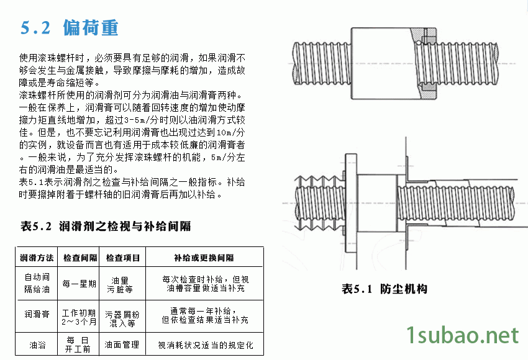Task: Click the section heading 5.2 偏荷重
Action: click(x=70, y=27)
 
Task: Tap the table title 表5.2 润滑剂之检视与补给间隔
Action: click(x=106, y=226)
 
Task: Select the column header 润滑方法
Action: click(x=37, y=258)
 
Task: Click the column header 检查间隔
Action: click(x=80, y=258)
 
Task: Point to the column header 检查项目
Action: click(x=123, y=258)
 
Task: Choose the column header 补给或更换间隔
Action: click(x=204, y=258)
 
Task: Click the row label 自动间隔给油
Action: click(x=37, y=283)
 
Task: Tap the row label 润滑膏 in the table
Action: click(x=37, y=314)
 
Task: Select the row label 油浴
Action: click(x=37, y=345)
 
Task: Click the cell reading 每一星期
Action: click(x=80, y=284)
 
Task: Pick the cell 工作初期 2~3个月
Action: click(x=79, y=317)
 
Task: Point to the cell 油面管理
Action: click(x=122, y=344)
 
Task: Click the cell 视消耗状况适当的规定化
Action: click(x=206, y=345)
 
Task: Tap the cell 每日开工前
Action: click(x=78, y=344)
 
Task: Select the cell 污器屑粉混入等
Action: click(x=122, y=319)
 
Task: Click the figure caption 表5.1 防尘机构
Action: click(x=385, y=289)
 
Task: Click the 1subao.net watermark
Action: click(x=462, y=335)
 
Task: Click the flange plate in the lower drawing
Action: click(x=351, y=203)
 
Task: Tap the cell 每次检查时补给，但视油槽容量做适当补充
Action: click(x=206, y=284)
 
